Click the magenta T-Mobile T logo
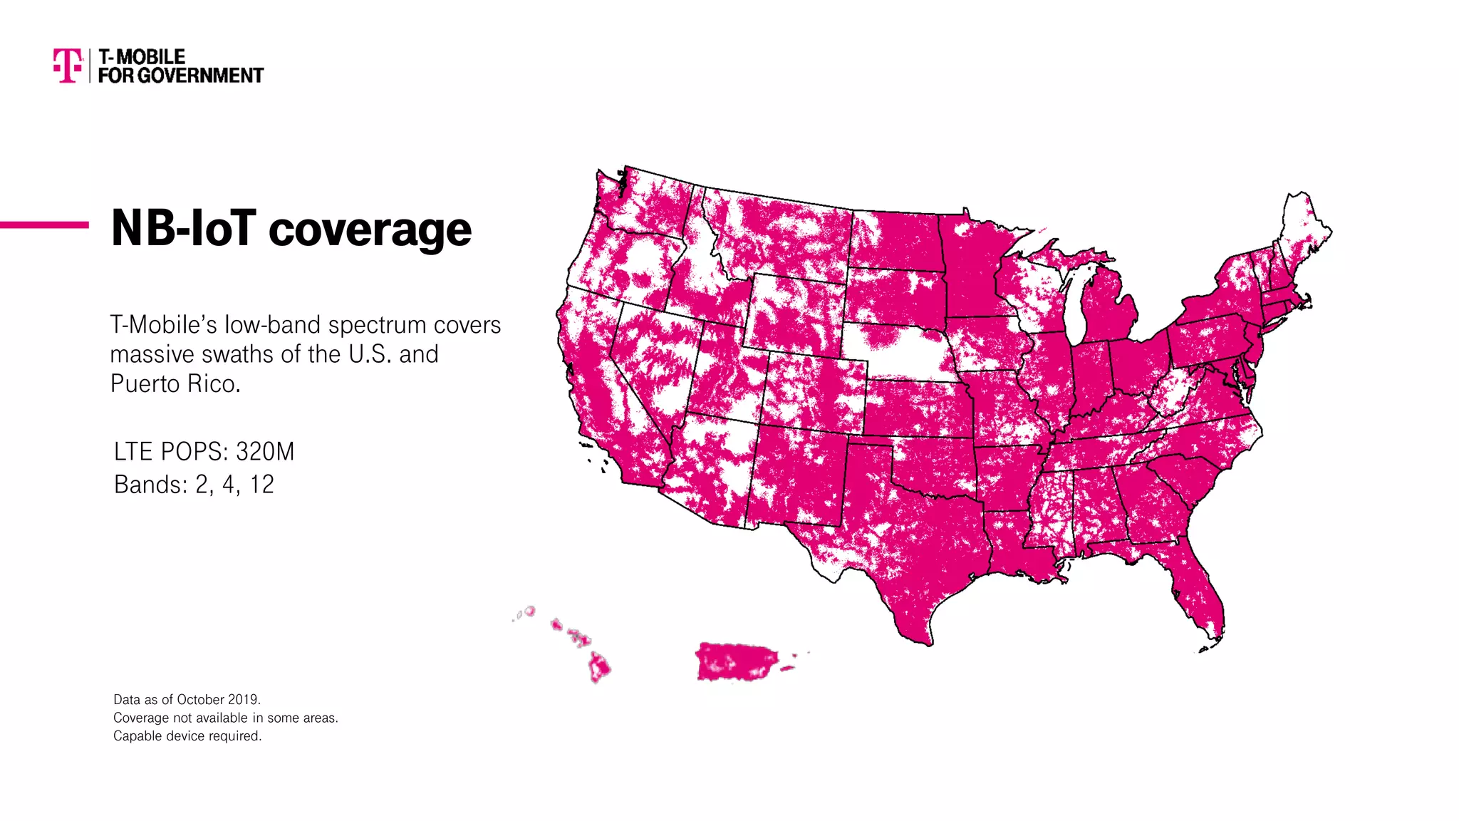[x=68, y=66]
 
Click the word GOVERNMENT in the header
[x=200, y=76]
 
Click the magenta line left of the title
[x=44, y=225]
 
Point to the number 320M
[x=264, y=452]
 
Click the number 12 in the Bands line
[x=261, y=485]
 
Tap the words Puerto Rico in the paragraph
[x=175, y=384]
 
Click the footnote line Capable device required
[x=187, y=736]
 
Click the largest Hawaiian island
[x=598, y=668]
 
